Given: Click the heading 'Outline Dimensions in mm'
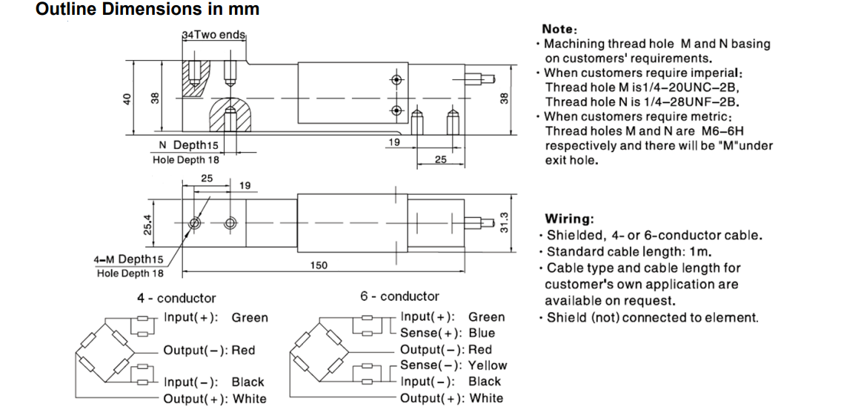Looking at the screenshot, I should [x=147, y=10].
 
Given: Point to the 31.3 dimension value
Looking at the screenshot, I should [x=505, y=222].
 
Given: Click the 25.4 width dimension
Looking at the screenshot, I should [x=147, y=222].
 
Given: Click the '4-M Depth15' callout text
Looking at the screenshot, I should [x=128, y=259].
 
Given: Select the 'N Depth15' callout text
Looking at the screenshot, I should [x=189, y=145].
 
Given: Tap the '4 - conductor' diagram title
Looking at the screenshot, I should [x=176, y=298].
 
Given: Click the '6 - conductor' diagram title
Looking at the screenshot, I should [x=399, y=296].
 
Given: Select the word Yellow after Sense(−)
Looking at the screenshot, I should [x=488, y=365].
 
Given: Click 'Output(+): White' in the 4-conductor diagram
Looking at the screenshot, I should [x=215, y=399].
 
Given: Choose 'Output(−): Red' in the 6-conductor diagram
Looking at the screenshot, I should [x=445, y=349].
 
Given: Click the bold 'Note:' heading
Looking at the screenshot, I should [x=559, y=29].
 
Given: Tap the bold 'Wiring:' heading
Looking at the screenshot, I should [x=569, y=219].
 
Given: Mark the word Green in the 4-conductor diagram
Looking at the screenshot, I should [x=250, y=317].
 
